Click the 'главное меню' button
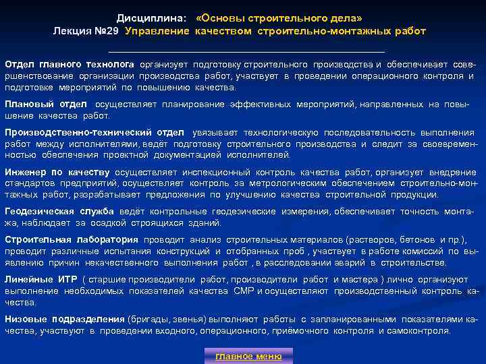click(248, 356)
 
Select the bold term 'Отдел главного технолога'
click(70, 63)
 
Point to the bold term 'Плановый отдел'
click(46, 104)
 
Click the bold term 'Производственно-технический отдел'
click(94, 133)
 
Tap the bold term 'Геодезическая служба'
click(59, 212)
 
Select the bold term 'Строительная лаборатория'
click(71, 240)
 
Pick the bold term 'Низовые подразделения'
click(64, 319)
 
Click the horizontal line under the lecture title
click(246, 51)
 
